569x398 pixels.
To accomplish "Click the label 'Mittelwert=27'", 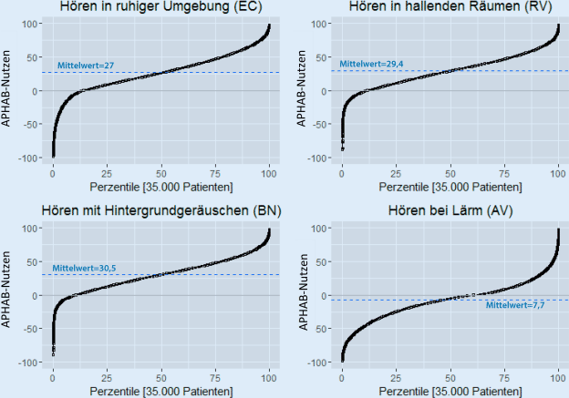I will (x=85, y=66).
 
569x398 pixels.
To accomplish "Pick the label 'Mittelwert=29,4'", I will (x=372, y=64).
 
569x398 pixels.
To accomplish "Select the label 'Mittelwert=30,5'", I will (x=84, y=269).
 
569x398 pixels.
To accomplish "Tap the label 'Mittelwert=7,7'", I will (x=516, y=305).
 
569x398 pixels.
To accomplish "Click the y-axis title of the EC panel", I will (x=8, y=90).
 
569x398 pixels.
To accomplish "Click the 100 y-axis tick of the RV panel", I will (x=322, y=24).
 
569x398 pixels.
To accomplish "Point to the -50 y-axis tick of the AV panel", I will (x=322, y=329).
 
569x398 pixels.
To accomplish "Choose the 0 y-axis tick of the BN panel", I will (x=39, y=295).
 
